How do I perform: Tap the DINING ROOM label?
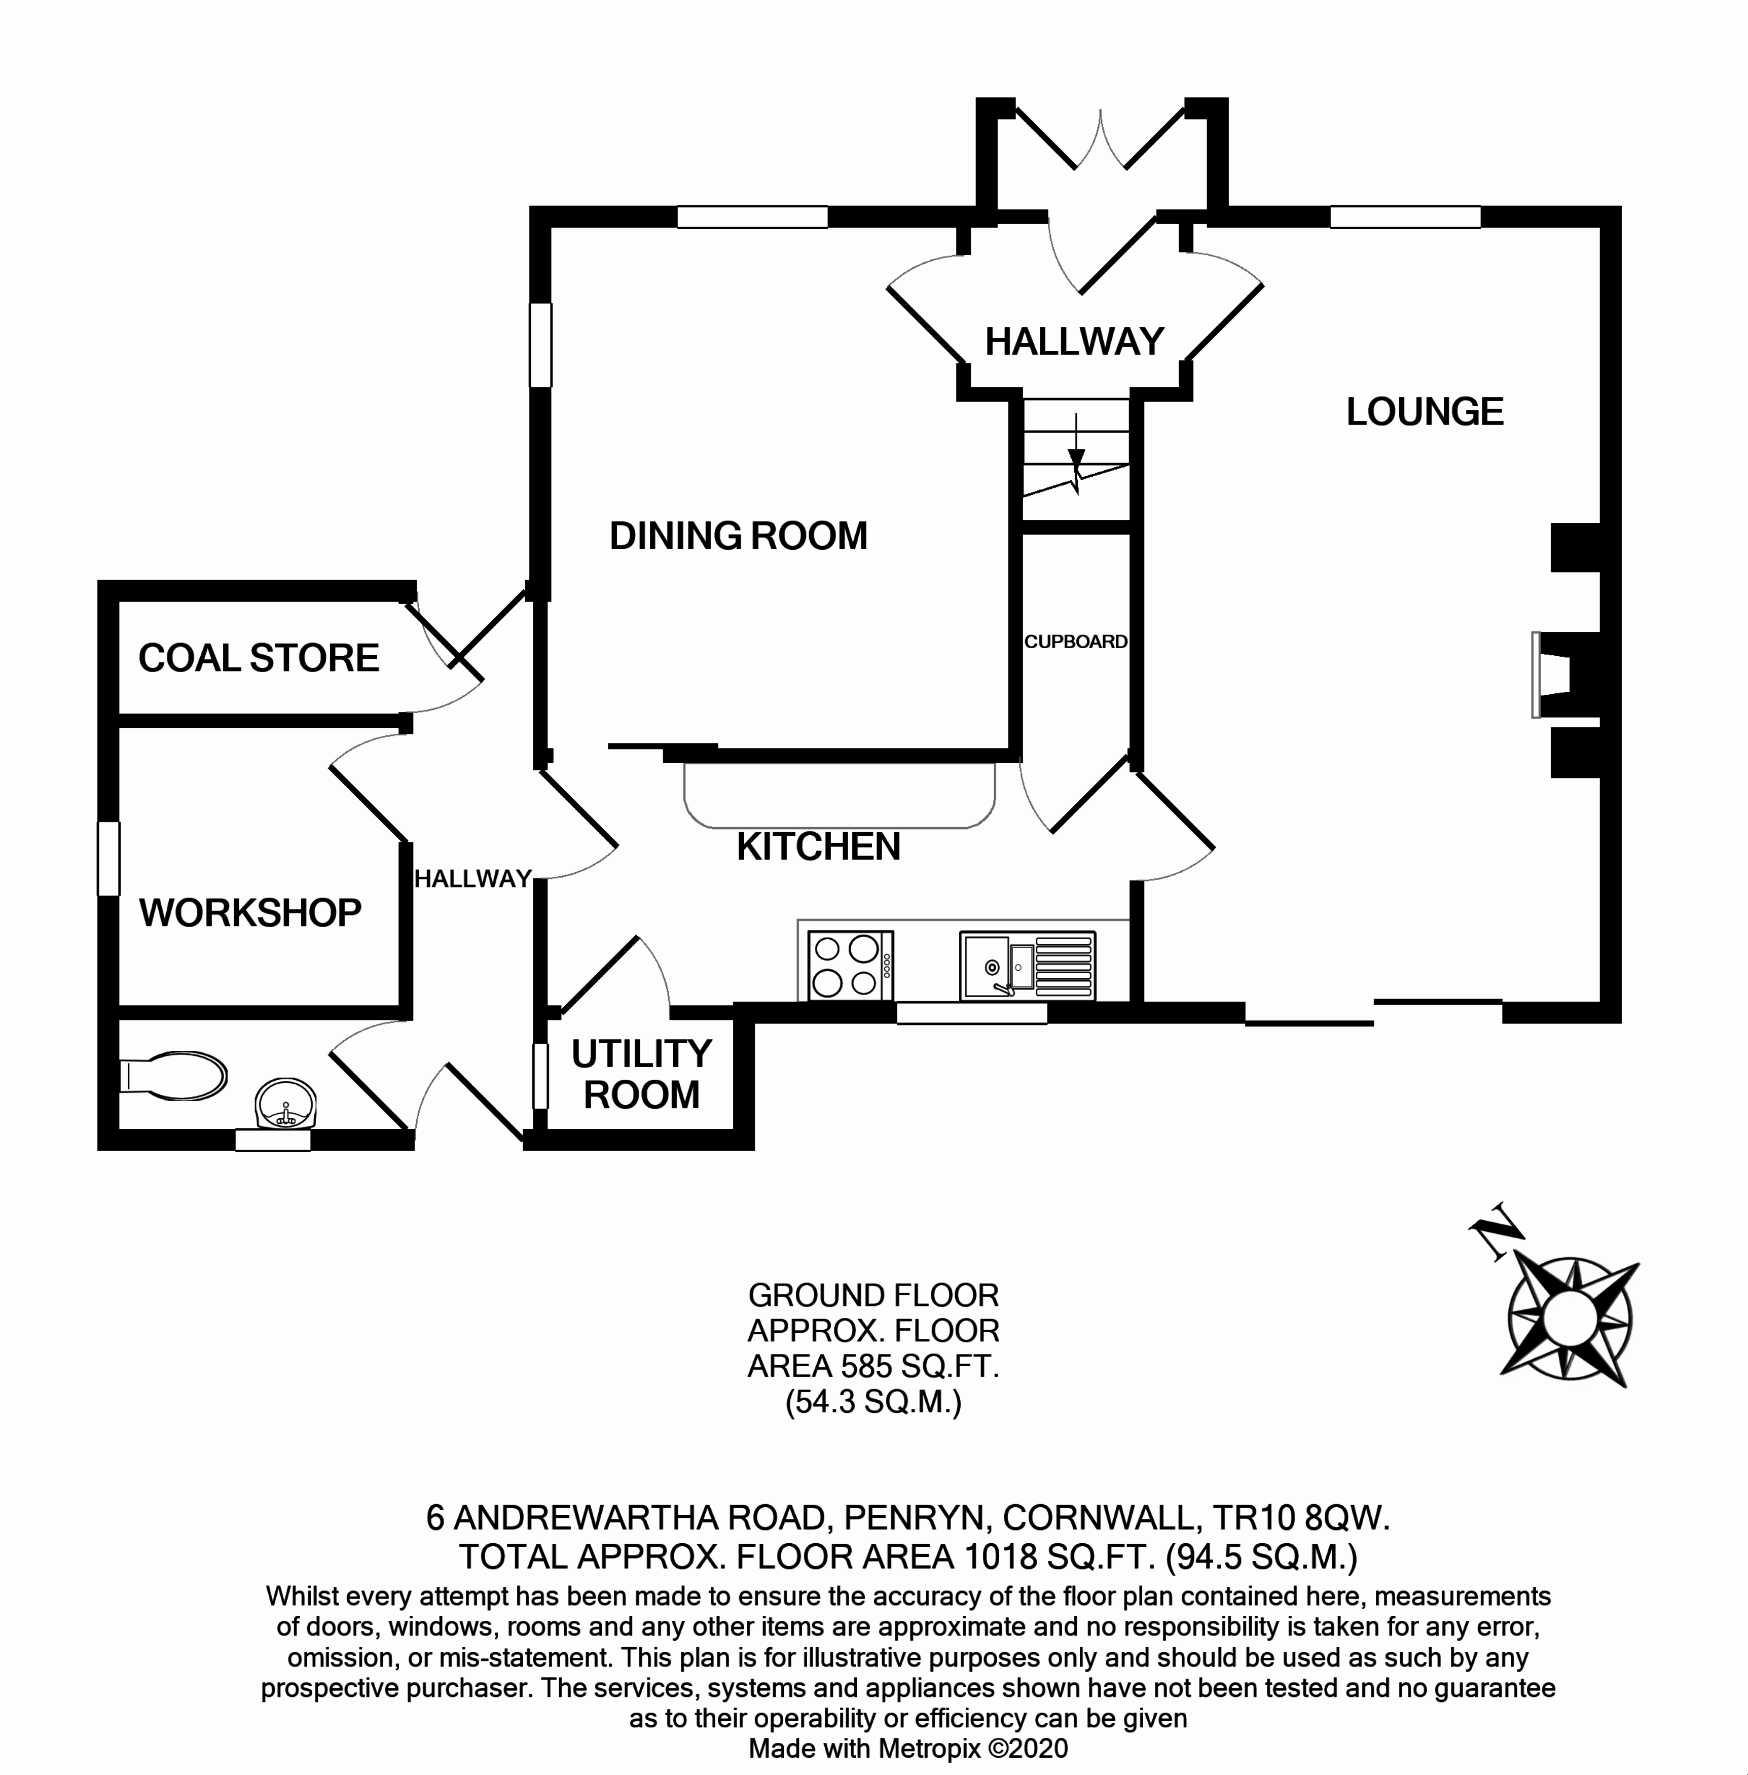click(738, 536)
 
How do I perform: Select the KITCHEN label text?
click(818, 846)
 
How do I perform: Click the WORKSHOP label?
click(250, 913)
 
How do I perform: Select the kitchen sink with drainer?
click(1027, 966)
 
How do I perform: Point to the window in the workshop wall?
click(108, 858)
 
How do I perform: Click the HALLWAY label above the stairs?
click(1074, 342)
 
